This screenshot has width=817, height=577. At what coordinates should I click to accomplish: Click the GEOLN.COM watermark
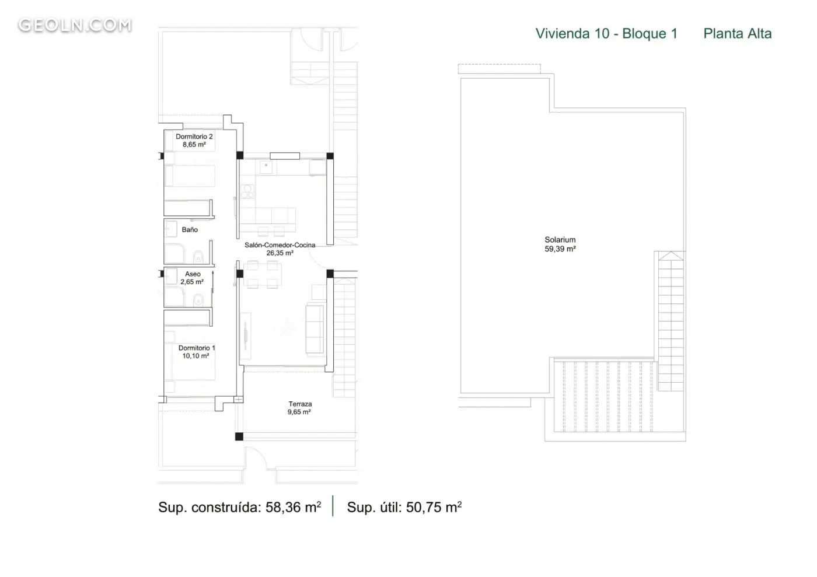tap(75, 25)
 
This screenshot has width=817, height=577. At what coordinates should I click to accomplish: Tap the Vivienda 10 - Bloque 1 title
tap(606, 34)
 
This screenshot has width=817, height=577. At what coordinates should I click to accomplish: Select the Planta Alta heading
tap(738, 34)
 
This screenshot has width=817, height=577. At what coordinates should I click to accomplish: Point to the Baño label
tap(190, 229)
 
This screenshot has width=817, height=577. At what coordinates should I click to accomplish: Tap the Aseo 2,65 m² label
tap(192, 278)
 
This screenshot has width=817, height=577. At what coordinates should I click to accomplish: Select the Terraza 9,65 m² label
tap(299, 408)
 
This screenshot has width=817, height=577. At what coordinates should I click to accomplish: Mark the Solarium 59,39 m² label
tap(560, 244)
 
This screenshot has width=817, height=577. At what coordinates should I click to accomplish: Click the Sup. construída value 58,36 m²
tap(293, 507)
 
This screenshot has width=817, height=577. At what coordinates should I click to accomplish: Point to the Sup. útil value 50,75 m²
tap(434, 507)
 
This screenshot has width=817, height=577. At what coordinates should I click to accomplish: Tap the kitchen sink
tap(266, 167)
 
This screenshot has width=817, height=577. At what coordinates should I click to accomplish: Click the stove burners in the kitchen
tap(247, 191)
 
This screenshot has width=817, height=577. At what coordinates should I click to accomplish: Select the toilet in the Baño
tap(198, 256)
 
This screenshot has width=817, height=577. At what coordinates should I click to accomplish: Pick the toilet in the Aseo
tap(198, 300)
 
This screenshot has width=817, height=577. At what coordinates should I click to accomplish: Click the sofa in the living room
tap(315, 329)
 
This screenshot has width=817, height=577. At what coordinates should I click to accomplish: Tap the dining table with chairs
tap(262, 274)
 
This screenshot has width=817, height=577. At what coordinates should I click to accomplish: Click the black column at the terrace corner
tap(239, 436)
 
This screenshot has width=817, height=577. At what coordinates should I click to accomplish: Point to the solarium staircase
tap(671, 321)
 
